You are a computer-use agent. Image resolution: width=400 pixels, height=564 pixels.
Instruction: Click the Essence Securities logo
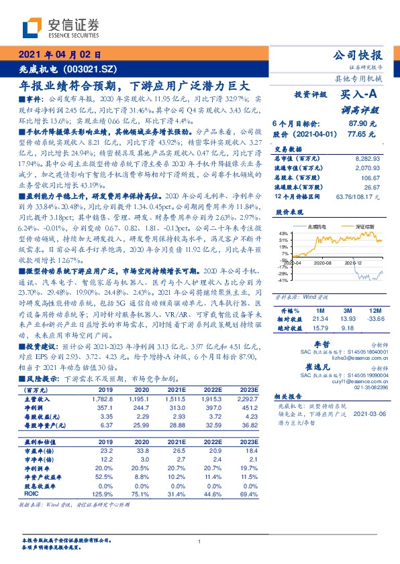click(61, 27)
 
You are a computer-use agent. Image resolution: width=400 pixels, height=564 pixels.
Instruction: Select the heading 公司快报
click(357, 56)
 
